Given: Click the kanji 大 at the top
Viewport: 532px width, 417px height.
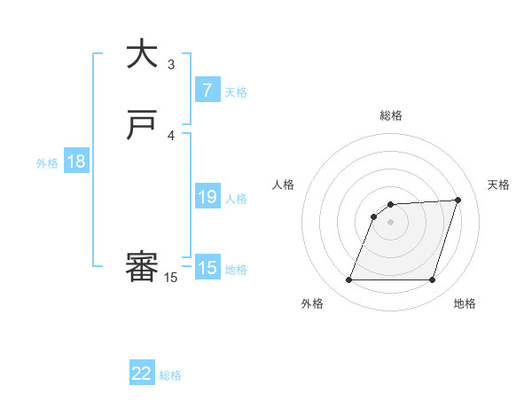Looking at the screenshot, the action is click(143, 54).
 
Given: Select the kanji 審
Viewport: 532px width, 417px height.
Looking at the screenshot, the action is click(143, 267).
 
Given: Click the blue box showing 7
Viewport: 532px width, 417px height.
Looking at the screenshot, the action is click(207, 90).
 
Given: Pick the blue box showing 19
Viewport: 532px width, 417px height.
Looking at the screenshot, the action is click(207, 197).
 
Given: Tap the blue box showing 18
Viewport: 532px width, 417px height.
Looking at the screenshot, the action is click(75, 161).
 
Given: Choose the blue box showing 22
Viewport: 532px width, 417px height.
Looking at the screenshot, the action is click(142, 374).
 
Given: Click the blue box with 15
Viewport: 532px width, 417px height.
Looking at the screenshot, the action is click(207, 268).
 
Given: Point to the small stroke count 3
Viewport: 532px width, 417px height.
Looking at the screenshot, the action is click(171, 64).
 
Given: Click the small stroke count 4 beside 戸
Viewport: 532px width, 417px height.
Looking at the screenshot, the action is click(171, 135).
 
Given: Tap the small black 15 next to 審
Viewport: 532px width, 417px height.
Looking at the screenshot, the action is click(171, 278).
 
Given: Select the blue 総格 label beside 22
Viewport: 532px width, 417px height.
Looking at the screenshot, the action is click(170, 375).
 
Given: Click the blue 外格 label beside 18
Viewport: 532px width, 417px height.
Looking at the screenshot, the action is click(47, 163).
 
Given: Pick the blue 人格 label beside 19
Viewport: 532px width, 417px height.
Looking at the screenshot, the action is click(237, 199).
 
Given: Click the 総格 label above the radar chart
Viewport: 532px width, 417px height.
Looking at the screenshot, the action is click(391, 115).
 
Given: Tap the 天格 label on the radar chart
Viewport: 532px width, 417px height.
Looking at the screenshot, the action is click(498, 185).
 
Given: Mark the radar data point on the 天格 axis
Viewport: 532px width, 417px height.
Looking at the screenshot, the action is click(458, 201).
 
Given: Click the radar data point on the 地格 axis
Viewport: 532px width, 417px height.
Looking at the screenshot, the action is click(432, 280).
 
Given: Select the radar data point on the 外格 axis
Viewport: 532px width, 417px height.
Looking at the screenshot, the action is click(349, 280).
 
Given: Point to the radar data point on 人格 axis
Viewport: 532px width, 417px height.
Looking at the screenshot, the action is click(374, 216).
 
